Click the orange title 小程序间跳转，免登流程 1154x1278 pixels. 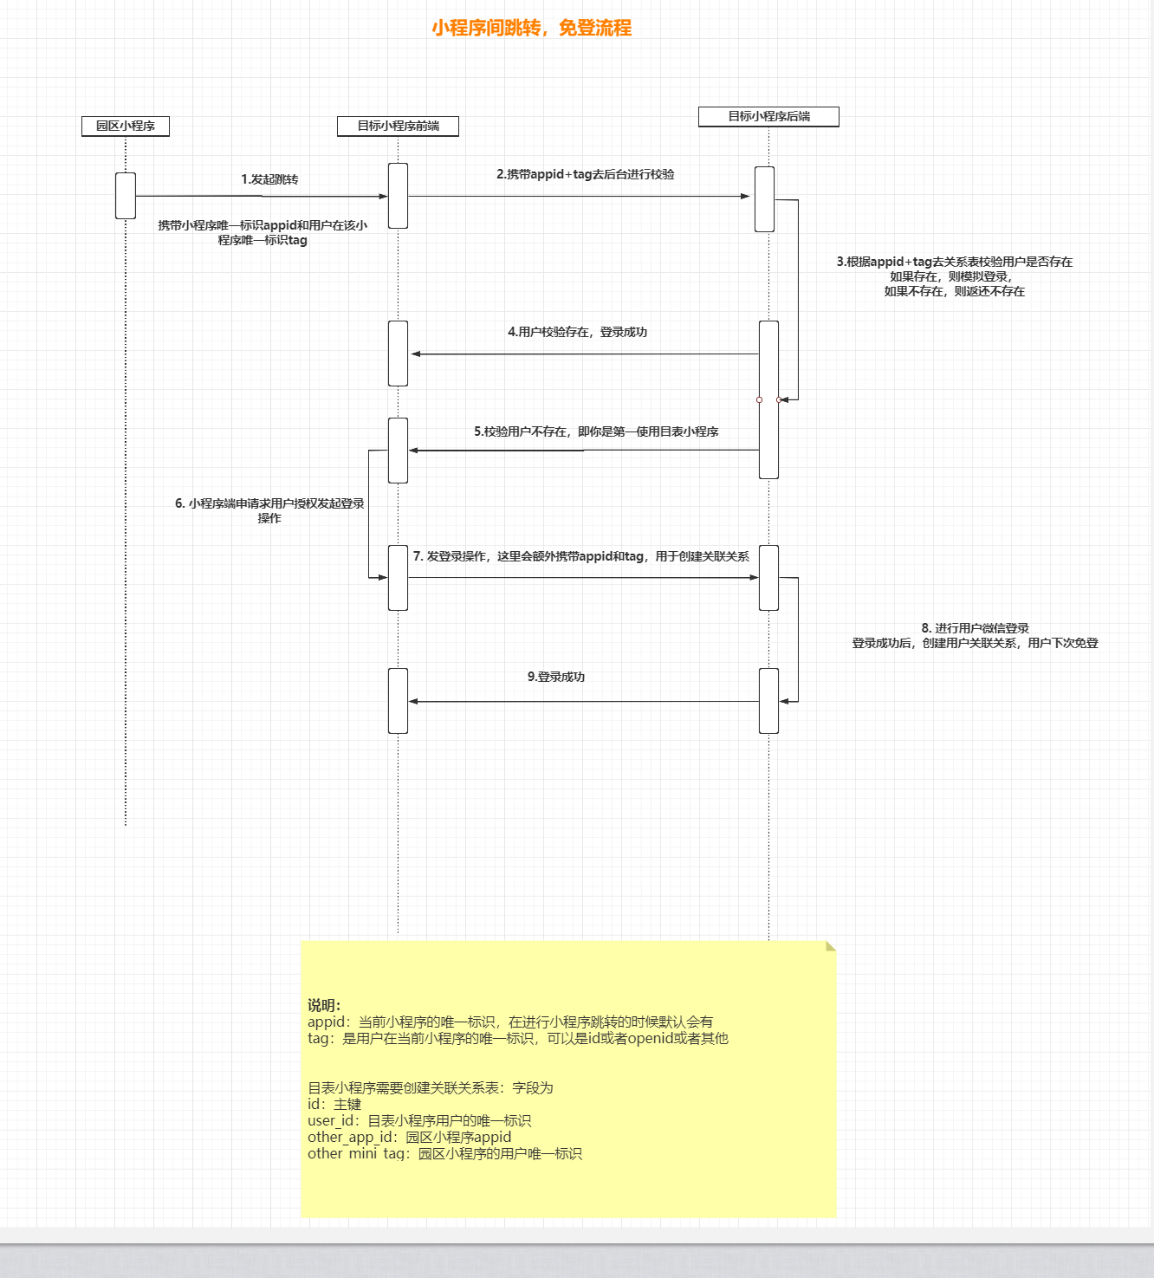point(531,28)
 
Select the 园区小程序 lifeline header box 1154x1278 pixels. point(126,127)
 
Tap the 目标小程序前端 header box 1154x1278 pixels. point(398,127)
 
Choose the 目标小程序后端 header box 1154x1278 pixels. point(768,116)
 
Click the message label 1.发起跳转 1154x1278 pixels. point(269,179)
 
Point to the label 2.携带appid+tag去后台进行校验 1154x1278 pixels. point(585,174)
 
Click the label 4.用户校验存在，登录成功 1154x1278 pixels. point(577,332)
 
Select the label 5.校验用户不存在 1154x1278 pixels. point(595,431)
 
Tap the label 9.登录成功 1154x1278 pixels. point(556,677)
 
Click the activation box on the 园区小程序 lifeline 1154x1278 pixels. point(126,196)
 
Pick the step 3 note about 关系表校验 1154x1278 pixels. point(954,276)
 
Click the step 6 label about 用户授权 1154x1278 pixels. point(269,510)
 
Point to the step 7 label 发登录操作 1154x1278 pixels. point(580,556)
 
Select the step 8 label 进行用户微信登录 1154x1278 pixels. point(975,635)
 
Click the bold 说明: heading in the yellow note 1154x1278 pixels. point(324,1005)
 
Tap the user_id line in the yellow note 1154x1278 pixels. point(419,1120)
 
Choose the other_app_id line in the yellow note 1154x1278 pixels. point(409,1137)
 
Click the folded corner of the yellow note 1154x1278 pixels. point(830,946)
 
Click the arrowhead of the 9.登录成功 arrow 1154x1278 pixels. point(413,701)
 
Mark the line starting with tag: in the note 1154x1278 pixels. point(517,1038)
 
